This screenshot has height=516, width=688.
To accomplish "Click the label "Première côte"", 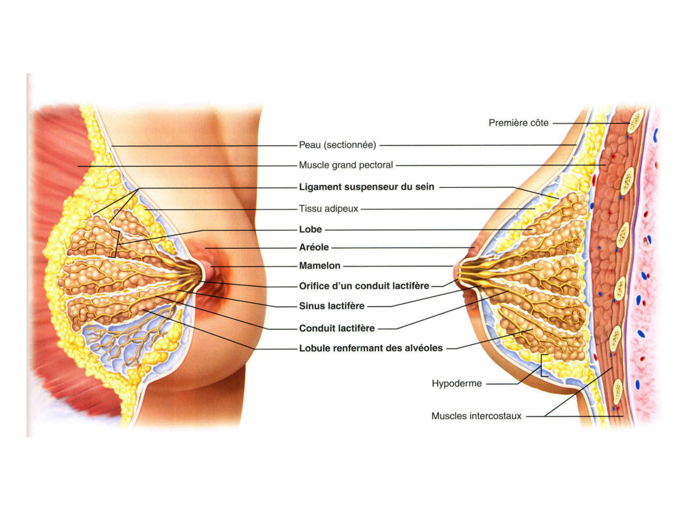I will tap(518, 123).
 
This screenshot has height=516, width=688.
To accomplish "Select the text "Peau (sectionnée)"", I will tap(337, 145).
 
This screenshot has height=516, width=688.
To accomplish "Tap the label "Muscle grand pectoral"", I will tap(346, 165).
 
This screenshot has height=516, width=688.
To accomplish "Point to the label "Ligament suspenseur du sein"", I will tap(366, 187).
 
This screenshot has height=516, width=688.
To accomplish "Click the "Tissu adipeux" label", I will tap(328, 209).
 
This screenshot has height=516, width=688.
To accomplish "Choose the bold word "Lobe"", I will tap(311, 229).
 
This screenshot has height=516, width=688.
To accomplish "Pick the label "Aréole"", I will tap(314, 247).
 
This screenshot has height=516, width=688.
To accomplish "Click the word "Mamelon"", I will tap(320, 266).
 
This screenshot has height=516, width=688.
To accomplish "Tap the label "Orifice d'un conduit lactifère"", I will tap(364, 286).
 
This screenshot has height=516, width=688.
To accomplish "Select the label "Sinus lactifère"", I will tap(332, 306).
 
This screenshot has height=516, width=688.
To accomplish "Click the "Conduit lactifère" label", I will tap(337, 328).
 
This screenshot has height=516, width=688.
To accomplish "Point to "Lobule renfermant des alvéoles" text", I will tap(371, 348).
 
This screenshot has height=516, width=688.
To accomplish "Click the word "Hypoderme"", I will tap(457, 383).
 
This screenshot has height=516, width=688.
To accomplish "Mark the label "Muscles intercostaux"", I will tap(476, 416).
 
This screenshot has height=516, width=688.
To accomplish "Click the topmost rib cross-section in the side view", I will tap(635, 121).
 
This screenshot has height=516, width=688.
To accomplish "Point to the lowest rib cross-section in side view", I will tap(618, 391).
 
